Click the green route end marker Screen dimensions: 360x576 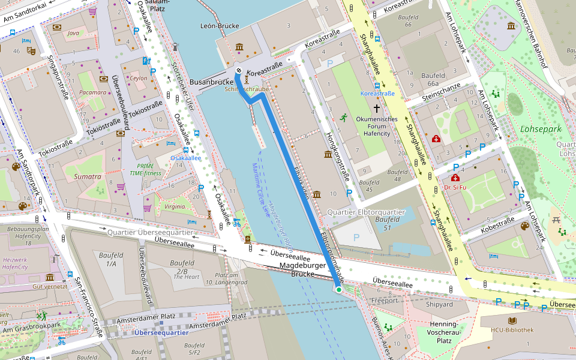tap(339, 290)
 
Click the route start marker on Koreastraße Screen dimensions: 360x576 tap(239, 71)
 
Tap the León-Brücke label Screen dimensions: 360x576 tap(220, 26)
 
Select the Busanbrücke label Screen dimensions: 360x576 tap(211, 82)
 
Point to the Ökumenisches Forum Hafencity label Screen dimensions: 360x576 tap(377, 126)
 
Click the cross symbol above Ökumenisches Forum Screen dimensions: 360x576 tap(377, 108)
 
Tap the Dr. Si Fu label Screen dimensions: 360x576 tap(455, 187)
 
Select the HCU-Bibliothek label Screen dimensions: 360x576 tap(512, 329)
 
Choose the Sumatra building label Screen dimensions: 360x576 tap(88, 176)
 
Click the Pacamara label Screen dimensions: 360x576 tap(92, 92)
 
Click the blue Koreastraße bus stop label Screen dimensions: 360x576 tap(377, 94)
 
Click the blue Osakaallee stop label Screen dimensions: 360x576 tap(185, 158)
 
